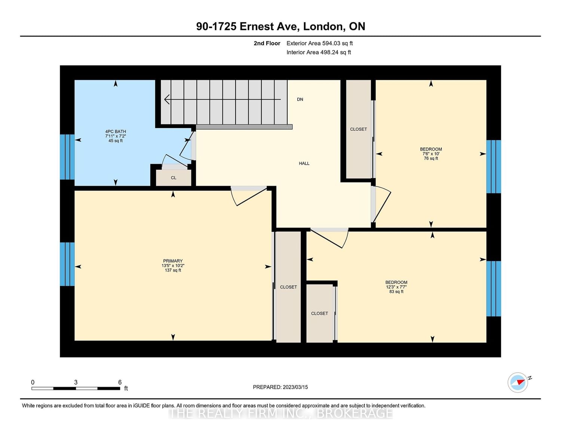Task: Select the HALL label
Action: (304, 163)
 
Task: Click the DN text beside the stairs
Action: (300, 99)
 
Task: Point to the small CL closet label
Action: (174, 178)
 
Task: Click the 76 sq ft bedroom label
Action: (431, 154)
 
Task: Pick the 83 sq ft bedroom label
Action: (396, 287)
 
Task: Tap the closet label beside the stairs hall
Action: (358, 129)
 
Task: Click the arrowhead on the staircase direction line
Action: (167, 99)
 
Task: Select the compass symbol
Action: (518, 382)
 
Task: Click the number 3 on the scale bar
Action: (76, 382)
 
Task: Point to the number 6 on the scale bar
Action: (120, 382)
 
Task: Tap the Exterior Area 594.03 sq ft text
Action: (319, 43)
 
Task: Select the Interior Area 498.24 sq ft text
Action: (319, 52)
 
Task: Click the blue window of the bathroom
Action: (67, 157)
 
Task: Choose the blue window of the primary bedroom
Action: (67, 264)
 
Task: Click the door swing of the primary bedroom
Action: (249, 196)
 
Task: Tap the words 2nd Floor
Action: (267, 43)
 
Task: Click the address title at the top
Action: (280, 27)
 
